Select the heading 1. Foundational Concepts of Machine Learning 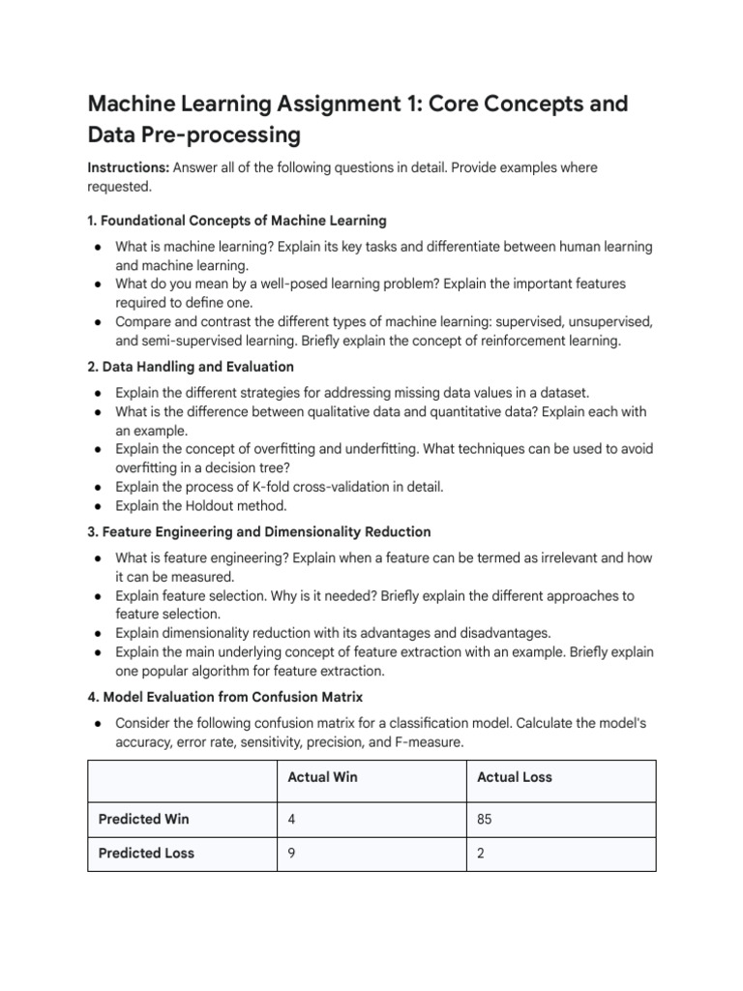(x=237, y=221)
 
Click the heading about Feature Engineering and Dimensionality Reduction (x=259, y=531)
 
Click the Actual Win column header (x=322, y=777)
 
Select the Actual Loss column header (x=515, y=777)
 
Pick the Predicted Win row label (x=144, y=819)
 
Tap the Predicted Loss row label (x=146, y=853)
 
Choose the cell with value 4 (x=292, y=819)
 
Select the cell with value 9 (x=292, y=853)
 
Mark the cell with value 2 (x=482, y=853)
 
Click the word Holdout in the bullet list (x=215, y=505)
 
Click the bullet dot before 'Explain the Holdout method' (x=99, y=505)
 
